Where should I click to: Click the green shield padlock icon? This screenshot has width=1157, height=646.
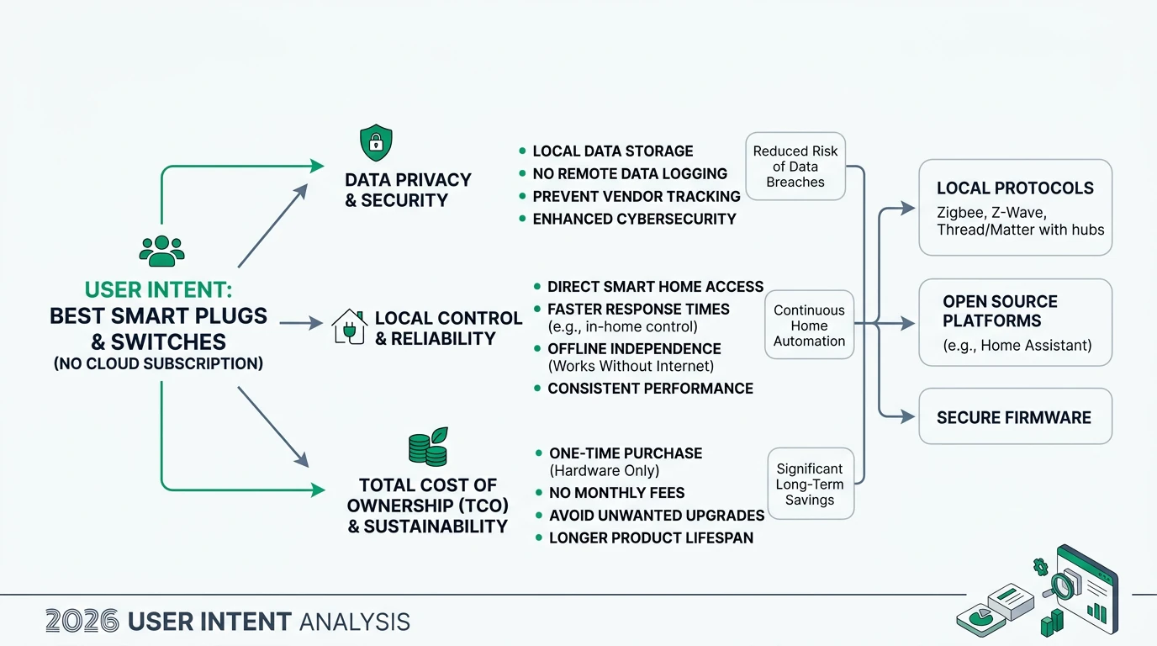[376, 143]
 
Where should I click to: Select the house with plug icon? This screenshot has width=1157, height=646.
[350, 328]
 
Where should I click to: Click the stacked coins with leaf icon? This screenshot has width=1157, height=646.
[428, 447]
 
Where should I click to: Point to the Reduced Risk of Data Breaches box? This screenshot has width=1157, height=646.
[795, 167]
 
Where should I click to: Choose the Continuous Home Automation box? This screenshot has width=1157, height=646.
[809, 326]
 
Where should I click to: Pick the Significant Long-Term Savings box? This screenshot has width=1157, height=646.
[810, 484]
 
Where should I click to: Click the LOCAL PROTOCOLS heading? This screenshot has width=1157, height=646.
[1015, 188]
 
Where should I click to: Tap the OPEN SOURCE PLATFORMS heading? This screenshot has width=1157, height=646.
[1000, 311]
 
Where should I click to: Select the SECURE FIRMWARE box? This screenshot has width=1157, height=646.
[1015, 417]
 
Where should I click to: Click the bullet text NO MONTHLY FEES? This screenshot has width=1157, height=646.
[616, 493]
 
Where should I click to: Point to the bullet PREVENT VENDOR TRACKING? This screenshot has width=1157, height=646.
[636, 196]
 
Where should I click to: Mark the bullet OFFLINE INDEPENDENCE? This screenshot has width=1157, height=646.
[634, 348]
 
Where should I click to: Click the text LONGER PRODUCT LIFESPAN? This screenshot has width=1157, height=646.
[651, 537]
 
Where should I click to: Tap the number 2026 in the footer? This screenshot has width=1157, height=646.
[82, 622]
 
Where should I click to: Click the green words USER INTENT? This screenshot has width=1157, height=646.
[158, 291]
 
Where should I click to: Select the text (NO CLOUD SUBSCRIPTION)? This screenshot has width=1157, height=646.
[158, 363]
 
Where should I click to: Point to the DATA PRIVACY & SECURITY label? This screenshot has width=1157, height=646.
[408, 190]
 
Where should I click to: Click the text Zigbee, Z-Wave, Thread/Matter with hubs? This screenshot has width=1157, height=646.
[1020, 220]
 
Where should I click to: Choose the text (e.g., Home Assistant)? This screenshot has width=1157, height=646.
[1017, 345]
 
